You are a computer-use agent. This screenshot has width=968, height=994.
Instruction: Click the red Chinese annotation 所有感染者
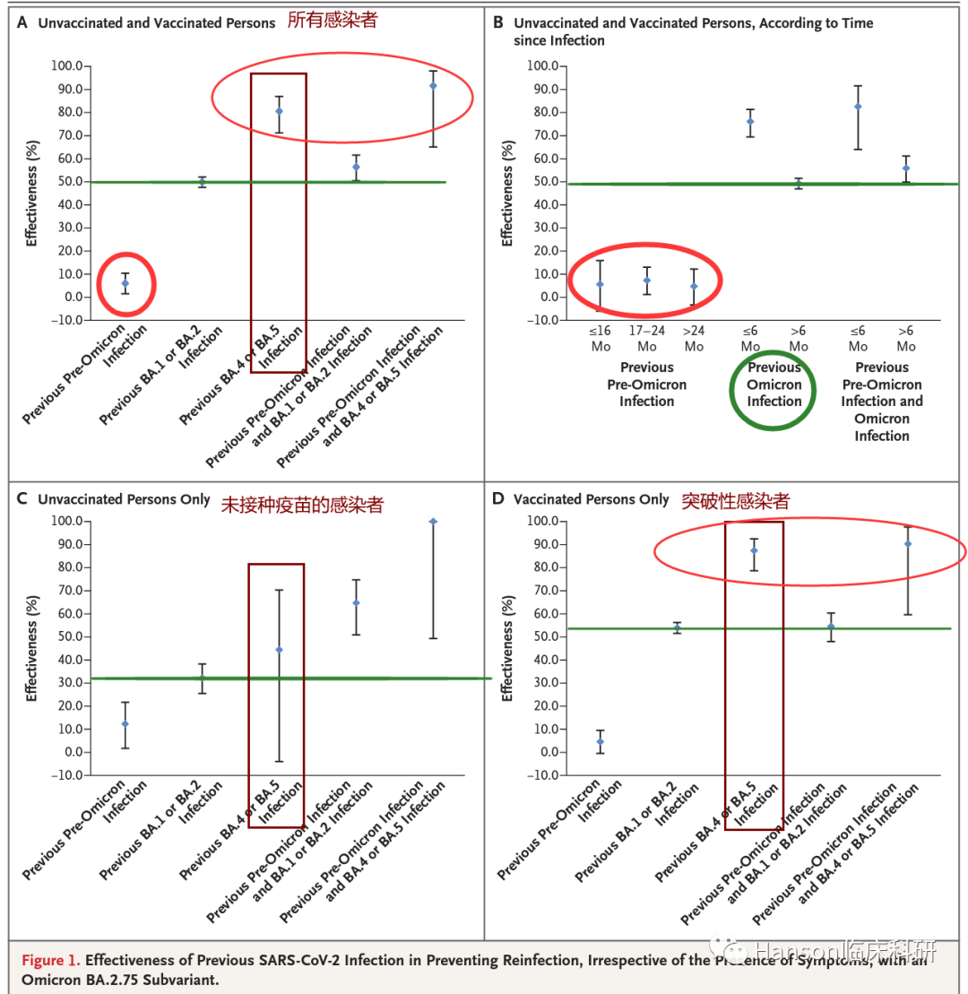click(x=333, y=20)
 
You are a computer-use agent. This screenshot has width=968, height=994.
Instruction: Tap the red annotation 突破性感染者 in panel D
click(x=736, y=500)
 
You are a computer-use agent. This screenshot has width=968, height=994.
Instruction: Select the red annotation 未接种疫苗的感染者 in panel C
click(x=302, y=505)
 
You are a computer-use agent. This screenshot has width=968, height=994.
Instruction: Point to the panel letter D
click(x=499, y=500)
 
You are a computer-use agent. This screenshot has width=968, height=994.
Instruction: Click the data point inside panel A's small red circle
click(x=125, y=283)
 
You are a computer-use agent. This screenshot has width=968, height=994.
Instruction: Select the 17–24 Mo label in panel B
click(x=646, y=338)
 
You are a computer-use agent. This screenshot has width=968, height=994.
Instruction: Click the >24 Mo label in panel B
click(x=694, y=338)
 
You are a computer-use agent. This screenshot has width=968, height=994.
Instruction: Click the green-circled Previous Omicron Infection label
click(x=774, y=385)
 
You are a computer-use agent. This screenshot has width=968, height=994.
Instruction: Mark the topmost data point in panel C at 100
click(x=433, y=521)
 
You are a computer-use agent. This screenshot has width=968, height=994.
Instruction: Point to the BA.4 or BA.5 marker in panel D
click(x=754, y=550)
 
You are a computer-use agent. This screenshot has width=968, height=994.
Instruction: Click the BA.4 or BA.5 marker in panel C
click(x=279, y=649)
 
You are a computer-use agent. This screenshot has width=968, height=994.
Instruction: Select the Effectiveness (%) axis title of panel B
click(x=507, y=193)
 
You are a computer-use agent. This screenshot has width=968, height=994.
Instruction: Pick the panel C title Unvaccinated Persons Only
click(x=124, y=500)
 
